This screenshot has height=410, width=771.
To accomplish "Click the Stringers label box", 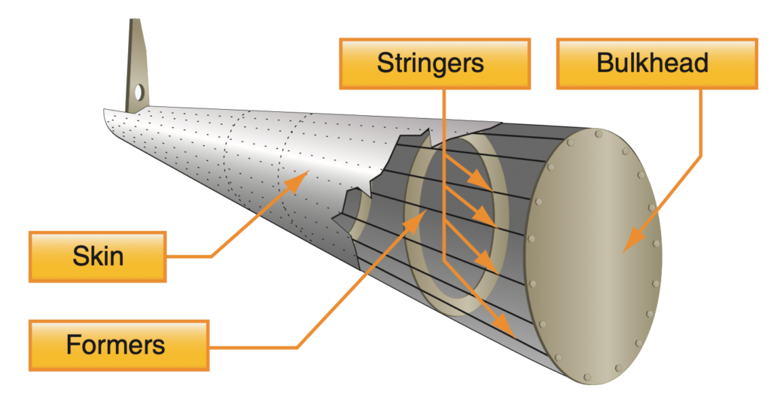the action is click(434, 63).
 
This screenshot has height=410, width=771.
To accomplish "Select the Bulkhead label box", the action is click(657, 63).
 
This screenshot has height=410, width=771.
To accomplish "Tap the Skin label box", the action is click(97, 257).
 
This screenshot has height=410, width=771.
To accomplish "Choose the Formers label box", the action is click(118, 345).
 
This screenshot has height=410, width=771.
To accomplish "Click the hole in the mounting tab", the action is click(139, 91).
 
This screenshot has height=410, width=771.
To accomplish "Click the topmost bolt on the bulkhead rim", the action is click(599, 134).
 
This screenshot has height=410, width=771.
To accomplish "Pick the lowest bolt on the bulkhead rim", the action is click(587, 377).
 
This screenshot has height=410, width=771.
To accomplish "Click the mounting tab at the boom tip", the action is click(137, 66).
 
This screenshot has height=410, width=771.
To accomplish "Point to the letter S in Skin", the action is click(80, 257).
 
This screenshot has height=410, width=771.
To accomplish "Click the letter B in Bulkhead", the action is click(605, 63).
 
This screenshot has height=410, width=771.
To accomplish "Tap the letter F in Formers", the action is click(74, 345).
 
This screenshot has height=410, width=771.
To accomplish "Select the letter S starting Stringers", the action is click(385, 63).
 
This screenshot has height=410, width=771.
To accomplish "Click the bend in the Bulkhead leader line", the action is click(700, 157).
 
